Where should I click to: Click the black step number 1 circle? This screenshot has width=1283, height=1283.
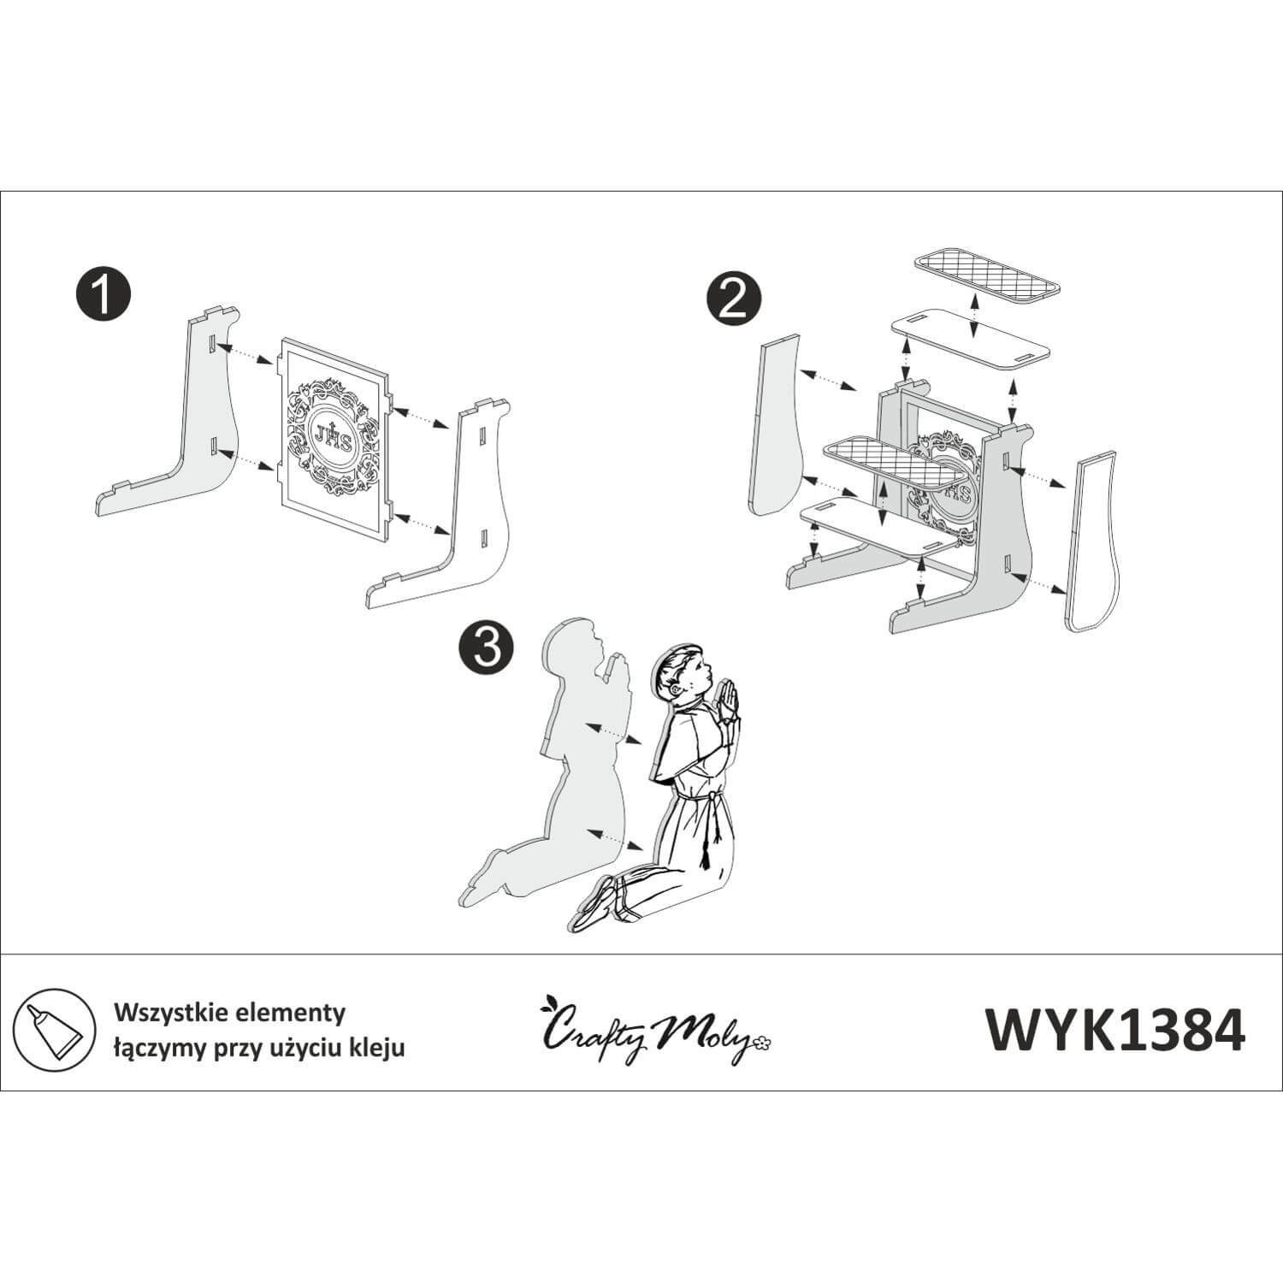102,294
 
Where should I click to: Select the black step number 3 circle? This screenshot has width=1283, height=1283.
486,647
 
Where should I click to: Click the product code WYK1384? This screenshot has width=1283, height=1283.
1115,1028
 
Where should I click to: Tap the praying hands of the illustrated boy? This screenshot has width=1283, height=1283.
728,701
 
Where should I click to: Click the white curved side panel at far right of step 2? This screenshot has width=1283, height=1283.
1095,545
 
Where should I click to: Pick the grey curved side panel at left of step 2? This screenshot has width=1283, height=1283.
777,427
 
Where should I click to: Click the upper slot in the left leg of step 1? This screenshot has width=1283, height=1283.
209,343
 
